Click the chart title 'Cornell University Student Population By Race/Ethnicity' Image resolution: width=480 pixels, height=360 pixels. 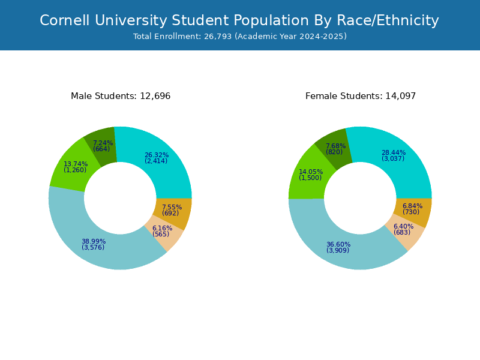pyautogui.click(x=239, y=21)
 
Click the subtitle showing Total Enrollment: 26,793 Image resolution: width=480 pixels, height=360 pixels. pyautogui.click(x=239, y=37)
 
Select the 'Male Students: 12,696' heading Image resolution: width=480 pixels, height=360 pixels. pyautogui.click(x=121, y=96)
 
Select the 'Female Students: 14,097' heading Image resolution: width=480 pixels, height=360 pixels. pyautogui.click(x=361, y=96)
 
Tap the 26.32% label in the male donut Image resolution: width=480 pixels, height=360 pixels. pyautogui.click(x=157, y=155)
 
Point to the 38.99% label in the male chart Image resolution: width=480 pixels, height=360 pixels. pyautogui.click(x=94, y=242)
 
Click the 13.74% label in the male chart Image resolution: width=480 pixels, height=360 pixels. pyautogui.click(x=76, y=164)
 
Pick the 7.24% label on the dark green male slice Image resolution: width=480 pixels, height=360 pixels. pyautogui.click(x=103, y=143)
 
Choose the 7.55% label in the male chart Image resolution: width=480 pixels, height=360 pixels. pyautogui.click(x=172, y=208)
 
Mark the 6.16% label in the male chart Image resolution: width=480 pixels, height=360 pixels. pyautogui.click(x=162, y=229)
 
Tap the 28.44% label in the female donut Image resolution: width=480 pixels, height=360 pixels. pyautogui.click(x=394, y=153)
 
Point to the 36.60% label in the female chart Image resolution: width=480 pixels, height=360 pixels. pyautogui.click(x=338, y=245)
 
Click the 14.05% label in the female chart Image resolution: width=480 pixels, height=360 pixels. pyautogui.click(x=311, y=172)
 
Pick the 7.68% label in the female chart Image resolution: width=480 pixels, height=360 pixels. pyautogui.click(x=335, y=146)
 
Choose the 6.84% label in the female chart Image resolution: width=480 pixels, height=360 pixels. pyautogui.click(x=412, y=206)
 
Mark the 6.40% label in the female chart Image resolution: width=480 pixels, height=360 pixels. pyautogui.click(x=403, y=227)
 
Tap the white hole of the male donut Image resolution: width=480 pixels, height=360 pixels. pyautogui.click(x=120, y=198)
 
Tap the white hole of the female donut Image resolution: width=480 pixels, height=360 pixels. pyautogui.click(x=360, y=198)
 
